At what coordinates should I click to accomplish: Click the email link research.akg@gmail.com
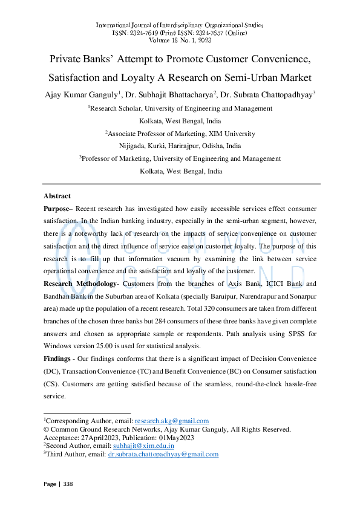coord(172,421)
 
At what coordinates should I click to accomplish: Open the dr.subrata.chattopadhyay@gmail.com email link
coord(163,454)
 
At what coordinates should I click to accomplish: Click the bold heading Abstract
coord(57,196)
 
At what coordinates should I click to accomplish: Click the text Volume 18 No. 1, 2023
coord(180,41)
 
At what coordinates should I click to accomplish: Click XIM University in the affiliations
coord(229,133)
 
